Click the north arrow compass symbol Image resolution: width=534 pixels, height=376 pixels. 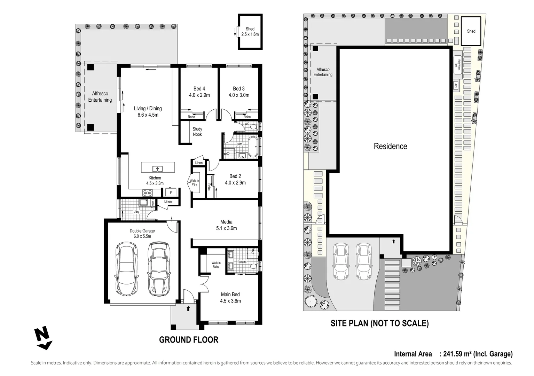coord(43,339)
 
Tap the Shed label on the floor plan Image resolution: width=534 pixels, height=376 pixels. coord(250,29)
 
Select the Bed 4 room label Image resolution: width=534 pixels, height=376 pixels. coord(199,89)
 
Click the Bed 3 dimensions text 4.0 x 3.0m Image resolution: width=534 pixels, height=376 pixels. coord(239,95)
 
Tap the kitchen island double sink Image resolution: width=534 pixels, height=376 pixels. coord(158,169)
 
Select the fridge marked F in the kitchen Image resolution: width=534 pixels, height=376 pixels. coord(171,192)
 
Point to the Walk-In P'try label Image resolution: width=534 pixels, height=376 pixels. coord(194,182)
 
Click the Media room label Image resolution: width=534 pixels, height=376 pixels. coord(226,222)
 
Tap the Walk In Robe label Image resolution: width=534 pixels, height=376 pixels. coord(216,265)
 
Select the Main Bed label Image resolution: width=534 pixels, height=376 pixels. coord(230,295)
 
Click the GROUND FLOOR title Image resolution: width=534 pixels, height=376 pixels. coord(189,340)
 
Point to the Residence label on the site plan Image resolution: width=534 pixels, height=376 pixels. coord(390,146)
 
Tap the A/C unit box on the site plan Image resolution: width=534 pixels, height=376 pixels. coord(456,85)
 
